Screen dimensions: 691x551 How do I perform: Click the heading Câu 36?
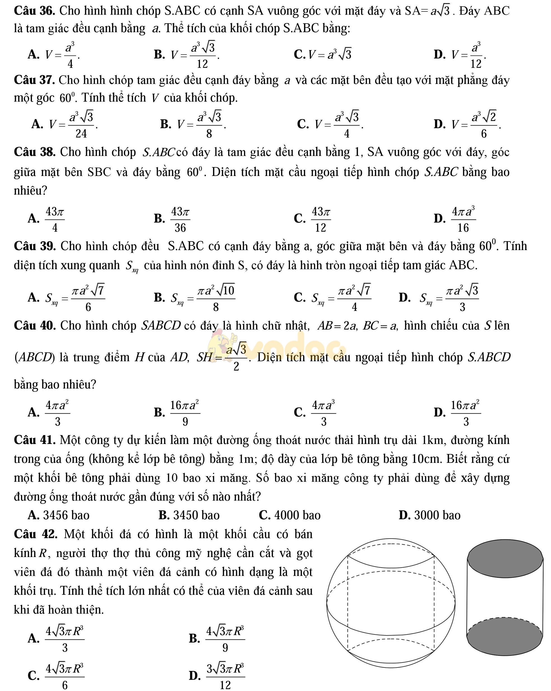pos(35,11)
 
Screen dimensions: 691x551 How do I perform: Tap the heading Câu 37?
pos(35,80)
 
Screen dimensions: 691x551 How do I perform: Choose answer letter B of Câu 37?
pos(165,124)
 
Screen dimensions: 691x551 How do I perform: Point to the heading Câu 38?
pos(35,152)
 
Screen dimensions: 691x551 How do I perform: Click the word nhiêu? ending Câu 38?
pos(31,191)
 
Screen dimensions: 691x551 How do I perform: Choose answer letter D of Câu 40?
pos(438,412)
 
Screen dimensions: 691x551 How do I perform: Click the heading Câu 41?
pos(35,440)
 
